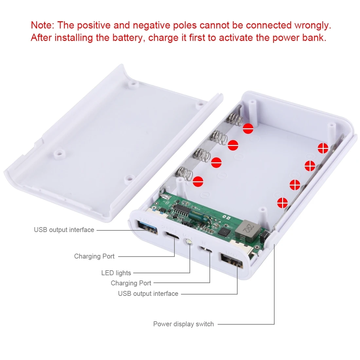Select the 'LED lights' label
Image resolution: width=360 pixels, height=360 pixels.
coord(116,273)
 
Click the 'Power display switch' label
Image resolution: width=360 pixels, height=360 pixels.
coord(183,324)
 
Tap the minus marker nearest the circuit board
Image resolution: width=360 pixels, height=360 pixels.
coord(198,181)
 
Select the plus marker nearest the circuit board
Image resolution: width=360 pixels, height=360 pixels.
coord(282,203)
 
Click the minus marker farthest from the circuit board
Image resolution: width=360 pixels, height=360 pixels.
coord(248,129)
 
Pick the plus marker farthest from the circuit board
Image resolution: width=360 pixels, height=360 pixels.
coord(323,148)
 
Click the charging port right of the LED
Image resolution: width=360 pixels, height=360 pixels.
coord(208,250)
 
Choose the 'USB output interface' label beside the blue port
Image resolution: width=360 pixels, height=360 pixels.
coord(64,230)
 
